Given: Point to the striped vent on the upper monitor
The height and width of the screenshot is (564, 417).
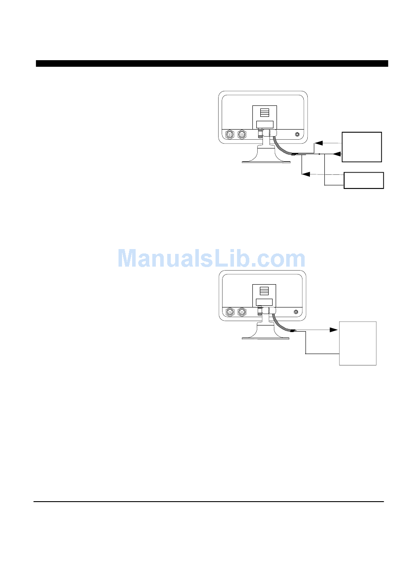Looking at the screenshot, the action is (x=264, y=112).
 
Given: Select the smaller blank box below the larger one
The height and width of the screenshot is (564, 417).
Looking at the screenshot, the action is (x=364, y=180).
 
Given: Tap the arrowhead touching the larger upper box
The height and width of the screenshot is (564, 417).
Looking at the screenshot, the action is (x=337, y=154).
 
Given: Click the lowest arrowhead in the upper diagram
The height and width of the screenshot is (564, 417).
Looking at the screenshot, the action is (x=306, y=175).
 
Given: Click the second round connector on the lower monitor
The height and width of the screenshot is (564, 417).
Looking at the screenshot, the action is (x=241, y=313).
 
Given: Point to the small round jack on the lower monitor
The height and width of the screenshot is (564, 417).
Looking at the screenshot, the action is (x=297, y=313).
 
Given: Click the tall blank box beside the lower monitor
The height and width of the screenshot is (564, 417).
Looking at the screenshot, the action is (x=358, y=343).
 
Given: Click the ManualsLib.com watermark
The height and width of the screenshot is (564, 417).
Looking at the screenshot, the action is (x=212, y=258).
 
